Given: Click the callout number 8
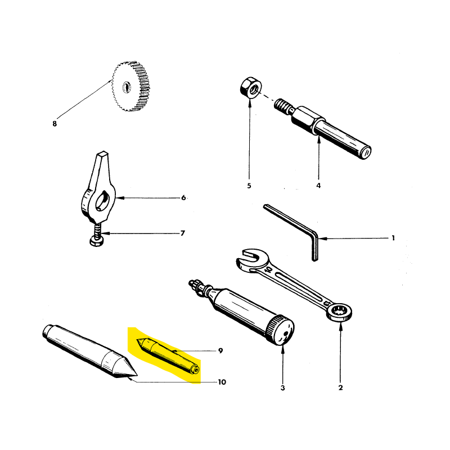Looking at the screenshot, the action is pos(55,124).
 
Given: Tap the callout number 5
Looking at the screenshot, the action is pos(249,186).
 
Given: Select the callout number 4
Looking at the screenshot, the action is pos(318,186).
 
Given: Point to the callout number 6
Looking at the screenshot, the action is pos(183,197).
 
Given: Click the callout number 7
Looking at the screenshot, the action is pos(182,233).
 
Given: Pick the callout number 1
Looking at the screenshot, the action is pos(393,238).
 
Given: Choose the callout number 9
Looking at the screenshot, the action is pos(220,350).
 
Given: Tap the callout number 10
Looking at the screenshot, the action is pos(222,382).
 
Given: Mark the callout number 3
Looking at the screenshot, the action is pos(283,388).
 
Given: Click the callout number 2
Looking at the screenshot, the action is pos(340,388).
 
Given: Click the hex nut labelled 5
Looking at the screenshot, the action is pos(251,87).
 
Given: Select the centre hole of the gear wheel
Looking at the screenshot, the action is pos(127,87).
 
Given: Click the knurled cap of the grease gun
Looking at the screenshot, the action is pos(280,330).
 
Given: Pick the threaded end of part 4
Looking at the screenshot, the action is pos(283,105).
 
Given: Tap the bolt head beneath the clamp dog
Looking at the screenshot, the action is pos(97,241).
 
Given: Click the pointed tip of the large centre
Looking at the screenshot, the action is pos(137,375).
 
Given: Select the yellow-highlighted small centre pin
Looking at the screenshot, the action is pos(168,357).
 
